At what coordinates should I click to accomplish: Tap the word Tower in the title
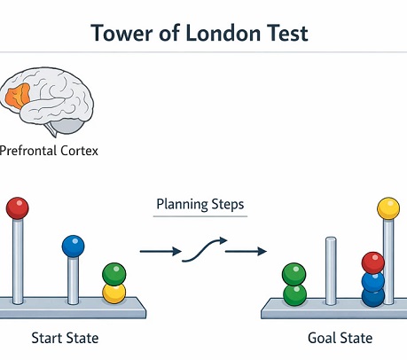pos(122,33)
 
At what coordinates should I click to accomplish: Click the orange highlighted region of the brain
pos(18,96)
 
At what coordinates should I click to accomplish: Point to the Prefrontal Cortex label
pos(49,151)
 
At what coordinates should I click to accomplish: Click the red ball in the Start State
pos(18,208)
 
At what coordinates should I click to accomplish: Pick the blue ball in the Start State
pos(73,247)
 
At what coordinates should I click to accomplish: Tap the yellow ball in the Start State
pos(114,293)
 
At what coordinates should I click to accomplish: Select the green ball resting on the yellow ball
pos(114,274)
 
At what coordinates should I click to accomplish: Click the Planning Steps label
pos(200,204)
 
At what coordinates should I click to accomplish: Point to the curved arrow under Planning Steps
pos(205,250)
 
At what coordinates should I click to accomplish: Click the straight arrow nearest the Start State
pos(160,252)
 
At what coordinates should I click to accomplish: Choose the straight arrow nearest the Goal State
pos(246,252)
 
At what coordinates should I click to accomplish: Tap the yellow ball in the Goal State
pos(388,208)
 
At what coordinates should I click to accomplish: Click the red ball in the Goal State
pos(373,262)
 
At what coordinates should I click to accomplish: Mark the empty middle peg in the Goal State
pos(331,270)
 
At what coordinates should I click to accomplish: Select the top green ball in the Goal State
pos(294,274)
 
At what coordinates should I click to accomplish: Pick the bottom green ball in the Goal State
pos(294,295)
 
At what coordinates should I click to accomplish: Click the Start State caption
pos(65,338)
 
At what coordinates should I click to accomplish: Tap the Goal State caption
pos(340,338)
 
